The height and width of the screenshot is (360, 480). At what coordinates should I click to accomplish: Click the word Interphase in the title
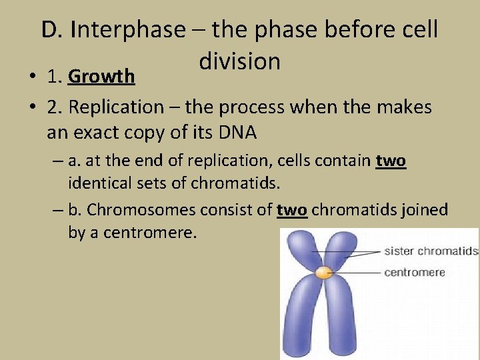point(128,30)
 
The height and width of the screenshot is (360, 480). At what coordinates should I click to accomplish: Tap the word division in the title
point(239,61)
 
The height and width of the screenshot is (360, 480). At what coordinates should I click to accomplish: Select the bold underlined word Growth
point(101,77)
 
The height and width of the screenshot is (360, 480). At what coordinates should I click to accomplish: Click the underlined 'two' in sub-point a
point(391,161)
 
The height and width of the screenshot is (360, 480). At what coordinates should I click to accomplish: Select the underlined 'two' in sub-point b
point(291,210)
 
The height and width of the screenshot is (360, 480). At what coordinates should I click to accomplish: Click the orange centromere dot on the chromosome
point(323,272)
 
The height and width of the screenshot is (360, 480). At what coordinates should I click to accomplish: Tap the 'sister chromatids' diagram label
point(431,251)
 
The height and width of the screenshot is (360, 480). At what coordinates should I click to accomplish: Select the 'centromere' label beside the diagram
point(414,272)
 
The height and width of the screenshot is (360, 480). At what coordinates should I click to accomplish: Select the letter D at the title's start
point(48,30)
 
